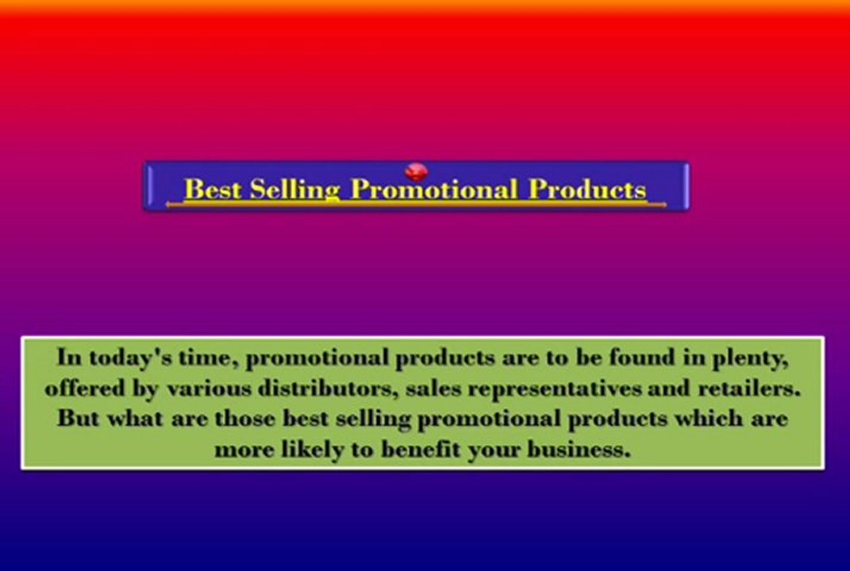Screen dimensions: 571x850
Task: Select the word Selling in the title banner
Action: [294, 190]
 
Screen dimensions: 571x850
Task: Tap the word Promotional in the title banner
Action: [433, 190]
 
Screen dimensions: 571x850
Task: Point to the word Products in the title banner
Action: [587, 190]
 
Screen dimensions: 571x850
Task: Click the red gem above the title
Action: [416, 171]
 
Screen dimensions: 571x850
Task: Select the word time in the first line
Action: [207, 358]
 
